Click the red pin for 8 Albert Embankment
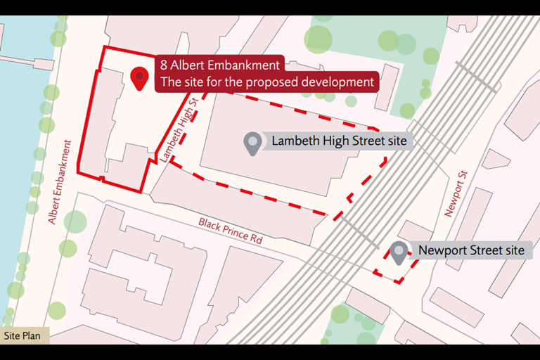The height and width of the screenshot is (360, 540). (140, 77)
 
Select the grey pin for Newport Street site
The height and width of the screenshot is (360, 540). (399, 252)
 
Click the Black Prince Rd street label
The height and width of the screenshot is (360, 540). (230, 230)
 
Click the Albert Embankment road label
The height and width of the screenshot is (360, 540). (60, 182)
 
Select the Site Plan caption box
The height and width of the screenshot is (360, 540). (22, 335)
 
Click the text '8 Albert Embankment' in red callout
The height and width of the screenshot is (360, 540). (219, 65)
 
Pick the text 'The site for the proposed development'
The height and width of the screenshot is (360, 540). (266, 82)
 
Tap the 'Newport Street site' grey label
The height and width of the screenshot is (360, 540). (470, 250)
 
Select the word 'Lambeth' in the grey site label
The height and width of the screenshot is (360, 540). (293, 142)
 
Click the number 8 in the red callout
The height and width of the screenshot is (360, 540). (164, 65)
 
